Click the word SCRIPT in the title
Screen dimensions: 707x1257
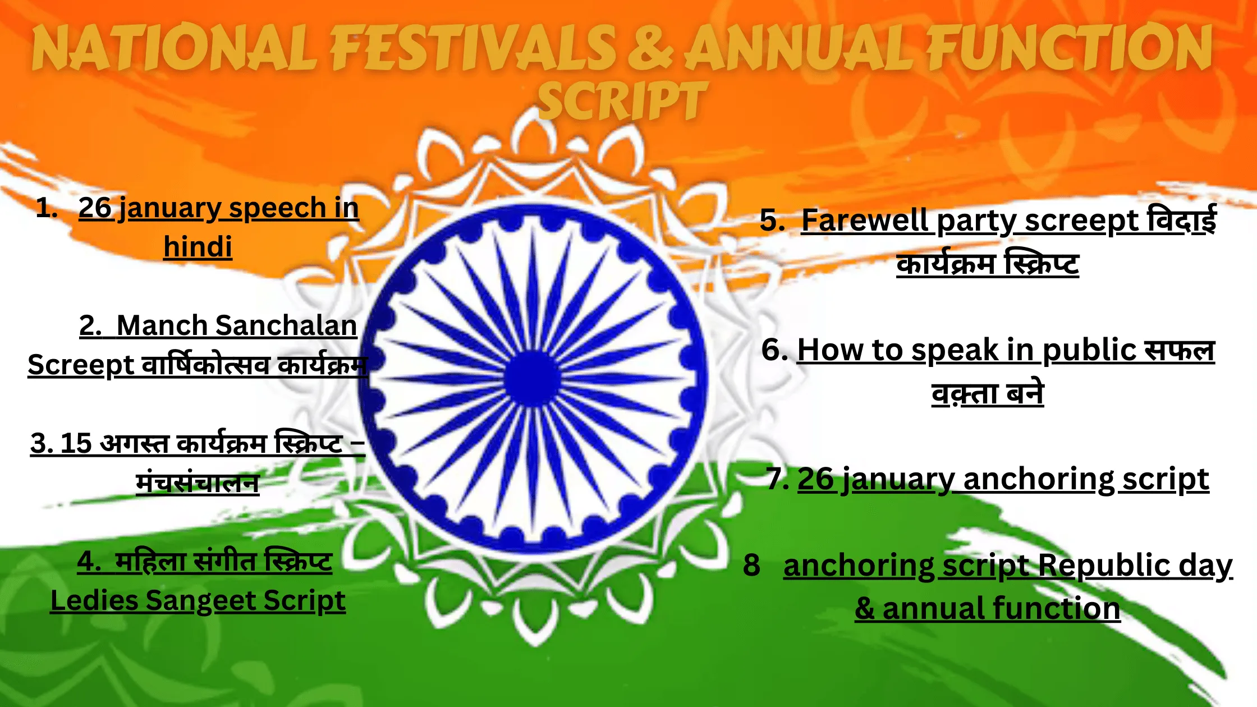click(x=622, y=101)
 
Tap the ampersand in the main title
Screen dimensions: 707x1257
click(x=650, y=48)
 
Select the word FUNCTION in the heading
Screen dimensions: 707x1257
click(x=1069, y=48)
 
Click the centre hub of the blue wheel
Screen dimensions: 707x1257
click(x=531, y=378)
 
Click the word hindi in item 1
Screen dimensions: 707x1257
click(x=198, y=247)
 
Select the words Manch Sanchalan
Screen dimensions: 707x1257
click(x=236, y=325)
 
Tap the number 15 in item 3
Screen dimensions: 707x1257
click(x=76, y=443)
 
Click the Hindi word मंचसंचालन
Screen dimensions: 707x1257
click(x=198, y=483)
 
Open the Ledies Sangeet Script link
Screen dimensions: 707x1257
click(x=198, y=600)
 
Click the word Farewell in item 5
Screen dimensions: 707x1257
click(x=864, y=220)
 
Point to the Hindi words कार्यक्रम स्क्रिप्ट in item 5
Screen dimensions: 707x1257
click(x=988, y=264)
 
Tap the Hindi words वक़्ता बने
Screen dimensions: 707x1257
click(x=988, y=393)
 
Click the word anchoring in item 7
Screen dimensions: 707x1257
click(x=1038, y=479)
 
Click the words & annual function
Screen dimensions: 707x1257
click(x=988, y=608)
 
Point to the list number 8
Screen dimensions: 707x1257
click(x=751, y=565)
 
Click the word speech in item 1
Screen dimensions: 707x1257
click(x=277, y=208)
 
